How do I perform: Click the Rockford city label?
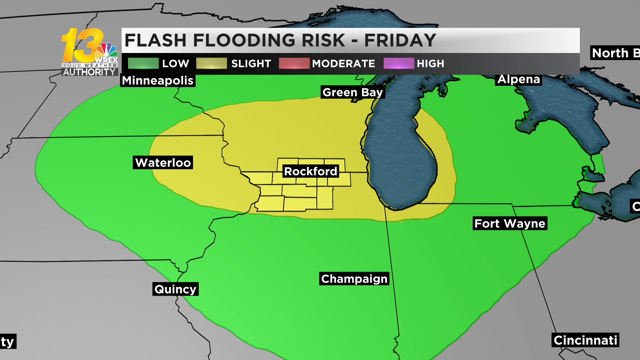coord(310,171)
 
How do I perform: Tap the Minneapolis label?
coord(158,81)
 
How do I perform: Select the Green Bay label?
coord(353,92)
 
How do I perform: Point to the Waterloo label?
coord(163,163)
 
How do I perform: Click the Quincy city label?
coord(175,289)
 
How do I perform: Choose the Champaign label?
coord(354,279)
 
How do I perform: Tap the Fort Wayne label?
coord(510,223)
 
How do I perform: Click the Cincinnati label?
coord(585,340)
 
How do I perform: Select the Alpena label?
coord(519,79)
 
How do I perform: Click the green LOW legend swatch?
coord(143,63)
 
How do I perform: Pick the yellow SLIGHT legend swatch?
coord(211,63)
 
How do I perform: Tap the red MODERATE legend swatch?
coord(294,63)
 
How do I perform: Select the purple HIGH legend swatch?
coord(399,63)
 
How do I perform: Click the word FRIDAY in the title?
coord(400,40)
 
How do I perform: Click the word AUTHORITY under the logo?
coord(89,72)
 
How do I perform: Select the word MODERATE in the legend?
coord(343,64)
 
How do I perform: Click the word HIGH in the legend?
coord(430,64)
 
